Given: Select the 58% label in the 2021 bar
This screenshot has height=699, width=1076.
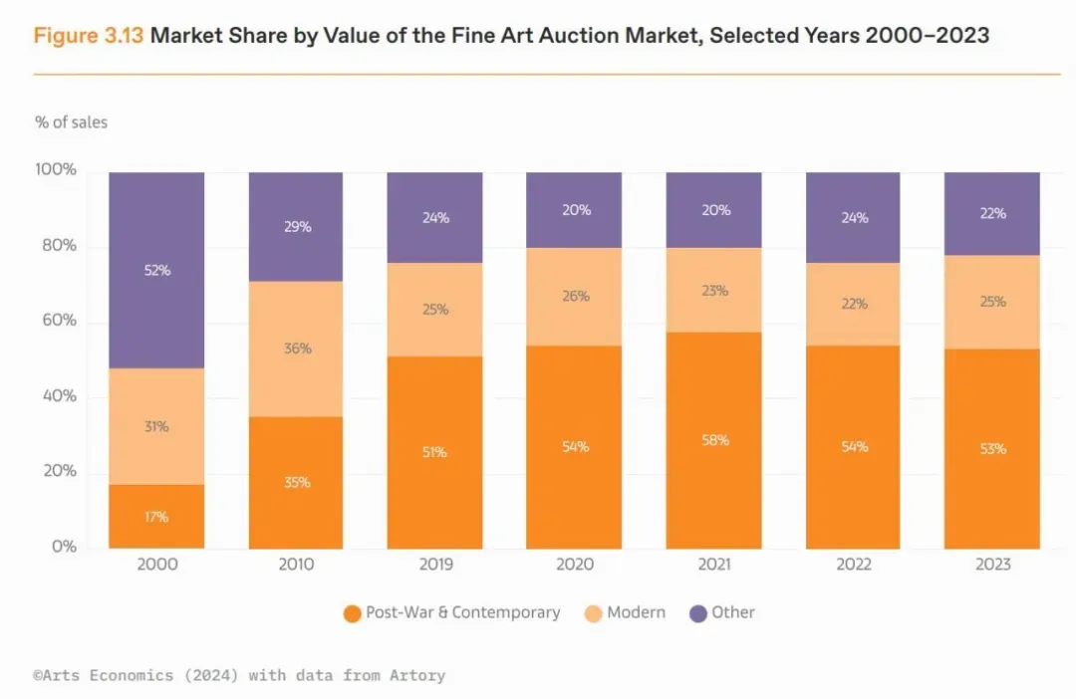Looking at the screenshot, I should (715, 440).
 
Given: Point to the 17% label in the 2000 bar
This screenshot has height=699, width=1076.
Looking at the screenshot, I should (156, 517).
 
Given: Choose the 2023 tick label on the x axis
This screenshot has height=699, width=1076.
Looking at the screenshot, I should (992, 565).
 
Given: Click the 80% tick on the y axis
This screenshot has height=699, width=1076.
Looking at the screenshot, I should (56, 246).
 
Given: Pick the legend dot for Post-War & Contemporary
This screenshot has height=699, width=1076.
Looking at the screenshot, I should (351, 613).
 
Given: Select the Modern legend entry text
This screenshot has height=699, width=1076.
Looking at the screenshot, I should (636, 612).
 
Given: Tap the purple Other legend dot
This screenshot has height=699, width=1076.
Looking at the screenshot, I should (697, 613).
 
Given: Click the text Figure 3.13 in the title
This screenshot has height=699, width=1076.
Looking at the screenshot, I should (89, 36).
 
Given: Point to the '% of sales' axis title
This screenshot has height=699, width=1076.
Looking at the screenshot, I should (71, 122).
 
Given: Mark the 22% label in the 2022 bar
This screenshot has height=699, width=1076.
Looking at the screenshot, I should (854, 304).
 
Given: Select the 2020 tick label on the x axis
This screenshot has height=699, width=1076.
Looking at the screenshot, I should (575, 565).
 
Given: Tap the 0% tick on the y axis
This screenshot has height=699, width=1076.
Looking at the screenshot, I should (63, 547).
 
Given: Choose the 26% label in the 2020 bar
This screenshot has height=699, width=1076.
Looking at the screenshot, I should (575, 296).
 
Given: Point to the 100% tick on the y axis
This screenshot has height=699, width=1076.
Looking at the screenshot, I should (56, 170).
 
